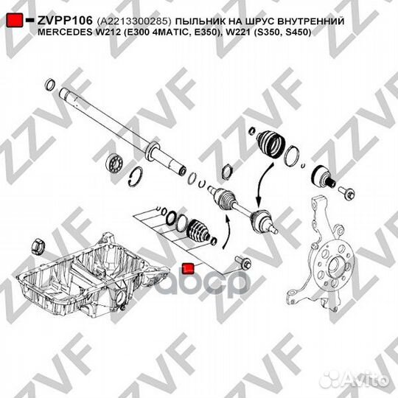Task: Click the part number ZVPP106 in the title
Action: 65,21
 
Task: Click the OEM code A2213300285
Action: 133,21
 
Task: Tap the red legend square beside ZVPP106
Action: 15,21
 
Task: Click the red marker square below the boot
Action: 189,269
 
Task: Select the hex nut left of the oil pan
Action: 38,247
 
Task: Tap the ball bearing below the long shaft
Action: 115,164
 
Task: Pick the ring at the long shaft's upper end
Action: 50,85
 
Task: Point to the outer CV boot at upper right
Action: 270,144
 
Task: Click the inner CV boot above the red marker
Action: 198,230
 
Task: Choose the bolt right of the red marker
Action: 243,262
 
